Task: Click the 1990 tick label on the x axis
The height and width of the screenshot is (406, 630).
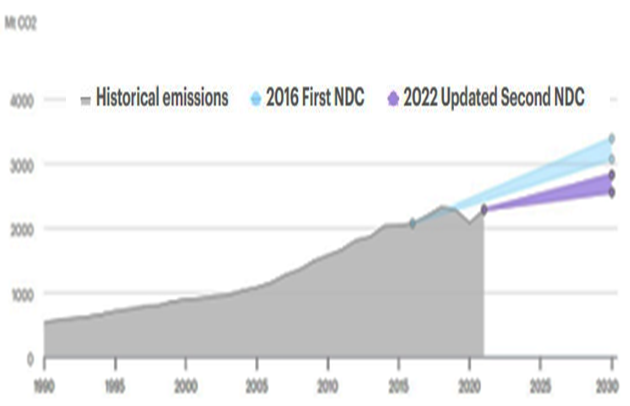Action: tap(44, 387)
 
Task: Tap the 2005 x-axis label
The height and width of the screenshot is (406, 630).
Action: tap(257, 387)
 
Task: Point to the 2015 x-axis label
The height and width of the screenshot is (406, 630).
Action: tap(398, 387)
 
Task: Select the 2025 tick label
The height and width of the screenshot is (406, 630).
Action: tap(540, 387)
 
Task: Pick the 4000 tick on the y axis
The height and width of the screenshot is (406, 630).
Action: tap(22, 101)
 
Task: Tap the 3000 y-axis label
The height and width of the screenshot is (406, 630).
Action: tap(22, 166)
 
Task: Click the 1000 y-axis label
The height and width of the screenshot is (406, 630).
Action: tap(22, 294)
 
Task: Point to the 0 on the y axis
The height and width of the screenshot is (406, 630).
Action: tap(30, 359)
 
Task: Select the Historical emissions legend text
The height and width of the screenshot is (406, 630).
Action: tap(161, 98)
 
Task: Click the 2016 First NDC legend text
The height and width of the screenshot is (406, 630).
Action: tap(315, 98)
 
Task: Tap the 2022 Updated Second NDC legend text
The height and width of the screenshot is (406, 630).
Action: tap(494, 98)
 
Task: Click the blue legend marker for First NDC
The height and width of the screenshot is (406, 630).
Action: tap(256, 100)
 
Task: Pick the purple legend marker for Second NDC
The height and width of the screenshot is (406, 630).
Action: tap(393, 100)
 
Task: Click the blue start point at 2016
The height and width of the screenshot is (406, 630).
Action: tap(413, 223)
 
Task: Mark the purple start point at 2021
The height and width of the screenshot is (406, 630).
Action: tap(484, 210)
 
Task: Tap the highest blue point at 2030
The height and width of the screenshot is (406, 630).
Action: tap(611, 139)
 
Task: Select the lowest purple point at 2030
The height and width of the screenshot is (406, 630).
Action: tap(611, 192)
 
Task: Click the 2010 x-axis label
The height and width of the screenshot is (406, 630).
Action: tap(327, 387)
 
